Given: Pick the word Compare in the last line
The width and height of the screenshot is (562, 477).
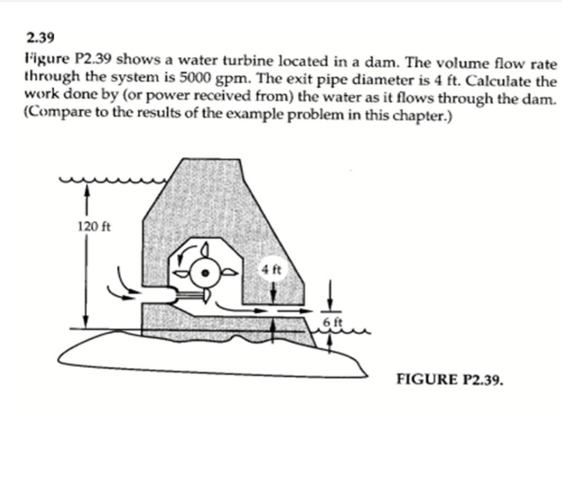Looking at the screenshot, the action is (54, 115).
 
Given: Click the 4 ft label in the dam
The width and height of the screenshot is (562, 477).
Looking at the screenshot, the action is (272, 270).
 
